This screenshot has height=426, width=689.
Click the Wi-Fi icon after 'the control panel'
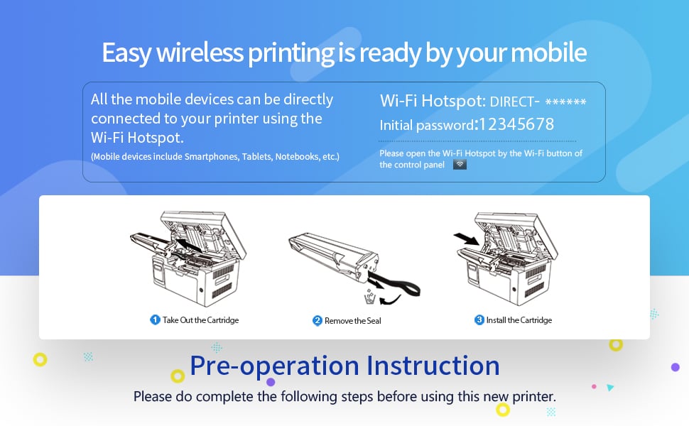[460, 165]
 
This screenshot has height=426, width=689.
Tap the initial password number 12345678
[516, 124]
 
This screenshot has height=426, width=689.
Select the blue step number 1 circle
[155, 319]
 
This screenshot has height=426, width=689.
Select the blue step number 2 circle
[318, 321]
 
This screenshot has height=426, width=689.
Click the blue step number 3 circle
[479, 319]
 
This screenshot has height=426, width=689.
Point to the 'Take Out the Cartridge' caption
[201, 320]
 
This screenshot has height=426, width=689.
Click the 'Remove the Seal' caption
[353, 321]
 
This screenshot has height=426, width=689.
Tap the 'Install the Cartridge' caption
[519, 320]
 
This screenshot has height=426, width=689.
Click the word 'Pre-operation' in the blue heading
[274, 366]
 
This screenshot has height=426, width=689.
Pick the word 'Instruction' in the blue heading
[433, 366]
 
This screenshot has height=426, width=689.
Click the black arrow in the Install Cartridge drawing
[467, 239]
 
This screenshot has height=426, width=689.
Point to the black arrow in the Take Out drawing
[189, 245]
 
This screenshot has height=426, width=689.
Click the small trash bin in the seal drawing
[370, 297]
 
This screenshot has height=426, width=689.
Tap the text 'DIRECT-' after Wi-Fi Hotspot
[514, 102]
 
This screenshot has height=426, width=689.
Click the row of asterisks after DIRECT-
[565, 102]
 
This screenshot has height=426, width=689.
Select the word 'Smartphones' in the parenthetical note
[212, 157]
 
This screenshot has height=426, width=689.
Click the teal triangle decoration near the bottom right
[610, 388]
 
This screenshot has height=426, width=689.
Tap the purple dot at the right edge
[676, 367]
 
